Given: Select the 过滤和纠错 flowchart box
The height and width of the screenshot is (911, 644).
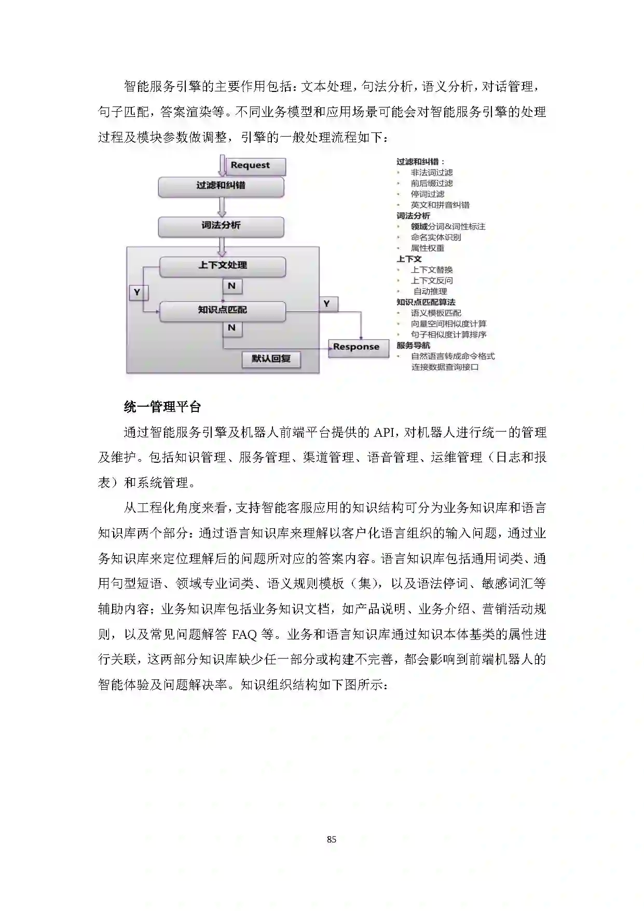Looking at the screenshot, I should pos(221,186).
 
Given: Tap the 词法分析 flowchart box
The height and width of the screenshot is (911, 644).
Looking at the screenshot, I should pos(221,226).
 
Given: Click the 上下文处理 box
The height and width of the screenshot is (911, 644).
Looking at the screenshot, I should pos(223,266).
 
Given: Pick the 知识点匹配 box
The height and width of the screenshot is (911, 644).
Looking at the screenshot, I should pos(223,311).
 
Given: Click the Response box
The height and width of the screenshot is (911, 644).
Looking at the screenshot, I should pos(358,347).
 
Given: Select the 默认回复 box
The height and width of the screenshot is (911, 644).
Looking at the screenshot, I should pos(271,359).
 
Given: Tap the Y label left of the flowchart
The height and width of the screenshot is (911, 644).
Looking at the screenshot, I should pos(138,292).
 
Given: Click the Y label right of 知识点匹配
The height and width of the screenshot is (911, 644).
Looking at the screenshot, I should pos(327,304).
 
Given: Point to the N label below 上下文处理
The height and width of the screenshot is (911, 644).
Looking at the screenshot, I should pos(232,286).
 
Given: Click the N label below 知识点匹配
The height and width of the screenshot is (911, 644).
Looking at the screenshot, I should pos(232,328).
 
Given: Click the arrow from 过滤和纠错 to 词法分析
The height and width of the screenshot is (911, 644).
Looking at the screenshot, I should pos(222,206).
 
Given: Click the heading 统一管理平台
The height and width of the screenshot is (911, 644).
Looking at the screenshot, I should pos(162,407).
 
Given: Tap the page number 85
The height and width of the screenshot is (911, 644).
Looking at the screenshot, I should pos(332,839).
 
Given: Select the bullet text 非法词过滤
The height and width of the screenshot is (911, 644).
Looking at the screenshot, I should pos(432,172).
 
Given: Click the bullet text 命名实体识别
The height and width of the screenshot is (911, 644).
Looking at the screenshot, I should pos(436,237).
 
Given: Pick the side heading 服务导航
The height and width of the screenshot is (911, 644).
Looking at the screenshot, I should pos(413,345).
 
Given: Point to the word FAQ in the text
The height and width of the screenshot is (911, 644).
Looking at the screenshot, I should pos(244,635).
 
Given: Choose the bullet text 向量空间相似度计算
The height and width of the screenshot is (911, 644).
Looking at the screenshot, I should pos(448,324).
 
